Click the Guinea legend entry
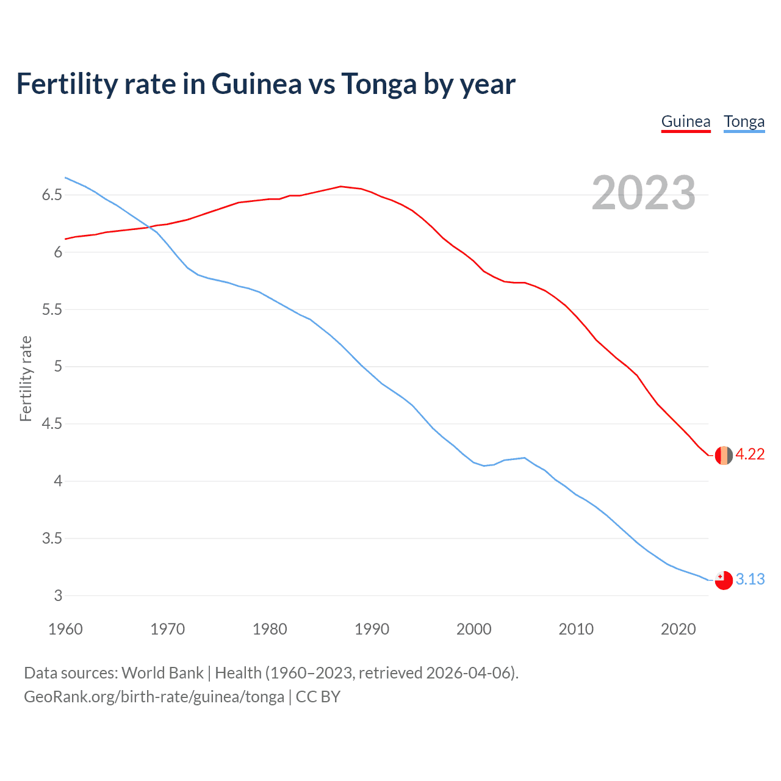[686, 121]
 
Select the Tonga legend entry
[744, 121]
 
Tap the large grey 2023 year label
[643, 193]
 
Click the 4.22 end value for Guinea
[750, 455]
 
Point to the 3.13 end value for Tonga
[750, 579]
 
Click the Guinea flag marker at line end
[724, 455]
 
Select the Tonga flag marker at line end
[724, 580]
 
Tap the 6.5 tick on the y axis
[52, 195]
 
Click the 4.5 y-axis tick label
[52, 424]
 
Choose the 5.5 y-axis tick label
[52, 310]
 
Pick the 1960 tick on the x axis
[65, 629]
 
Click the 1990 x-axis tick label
[372, 629]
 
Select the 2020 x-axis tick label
[678, 629]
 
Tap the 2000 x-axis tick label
[473, 629]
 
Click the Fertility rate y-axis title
[26, 378]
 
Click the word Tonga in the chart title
[378, 84]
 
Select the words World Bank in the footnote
[162, 673]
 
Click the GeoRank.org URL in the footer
[154, 697]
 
